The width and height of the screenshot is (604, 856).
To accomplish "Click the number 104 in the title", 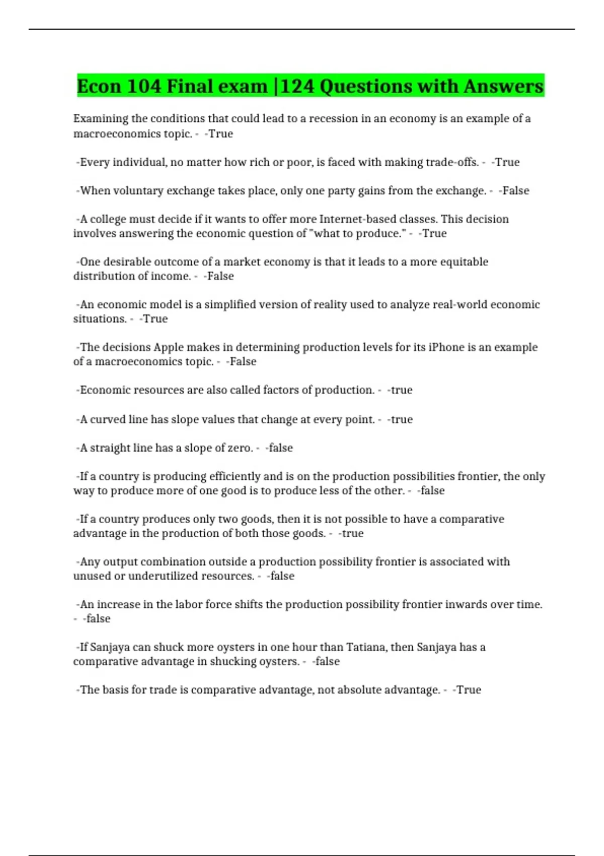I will coord(143,86).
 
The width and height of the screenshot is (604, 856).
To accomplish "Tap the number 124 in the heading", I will coord(297,86).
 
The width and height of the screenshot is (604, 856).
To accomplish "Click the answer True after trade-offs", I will coord(507,162).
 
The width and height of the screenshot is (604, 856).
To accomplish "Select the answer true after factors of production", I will coord(401,390).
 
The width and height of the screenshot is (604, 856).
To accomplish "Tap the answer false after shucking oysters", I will coord(327,662).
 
